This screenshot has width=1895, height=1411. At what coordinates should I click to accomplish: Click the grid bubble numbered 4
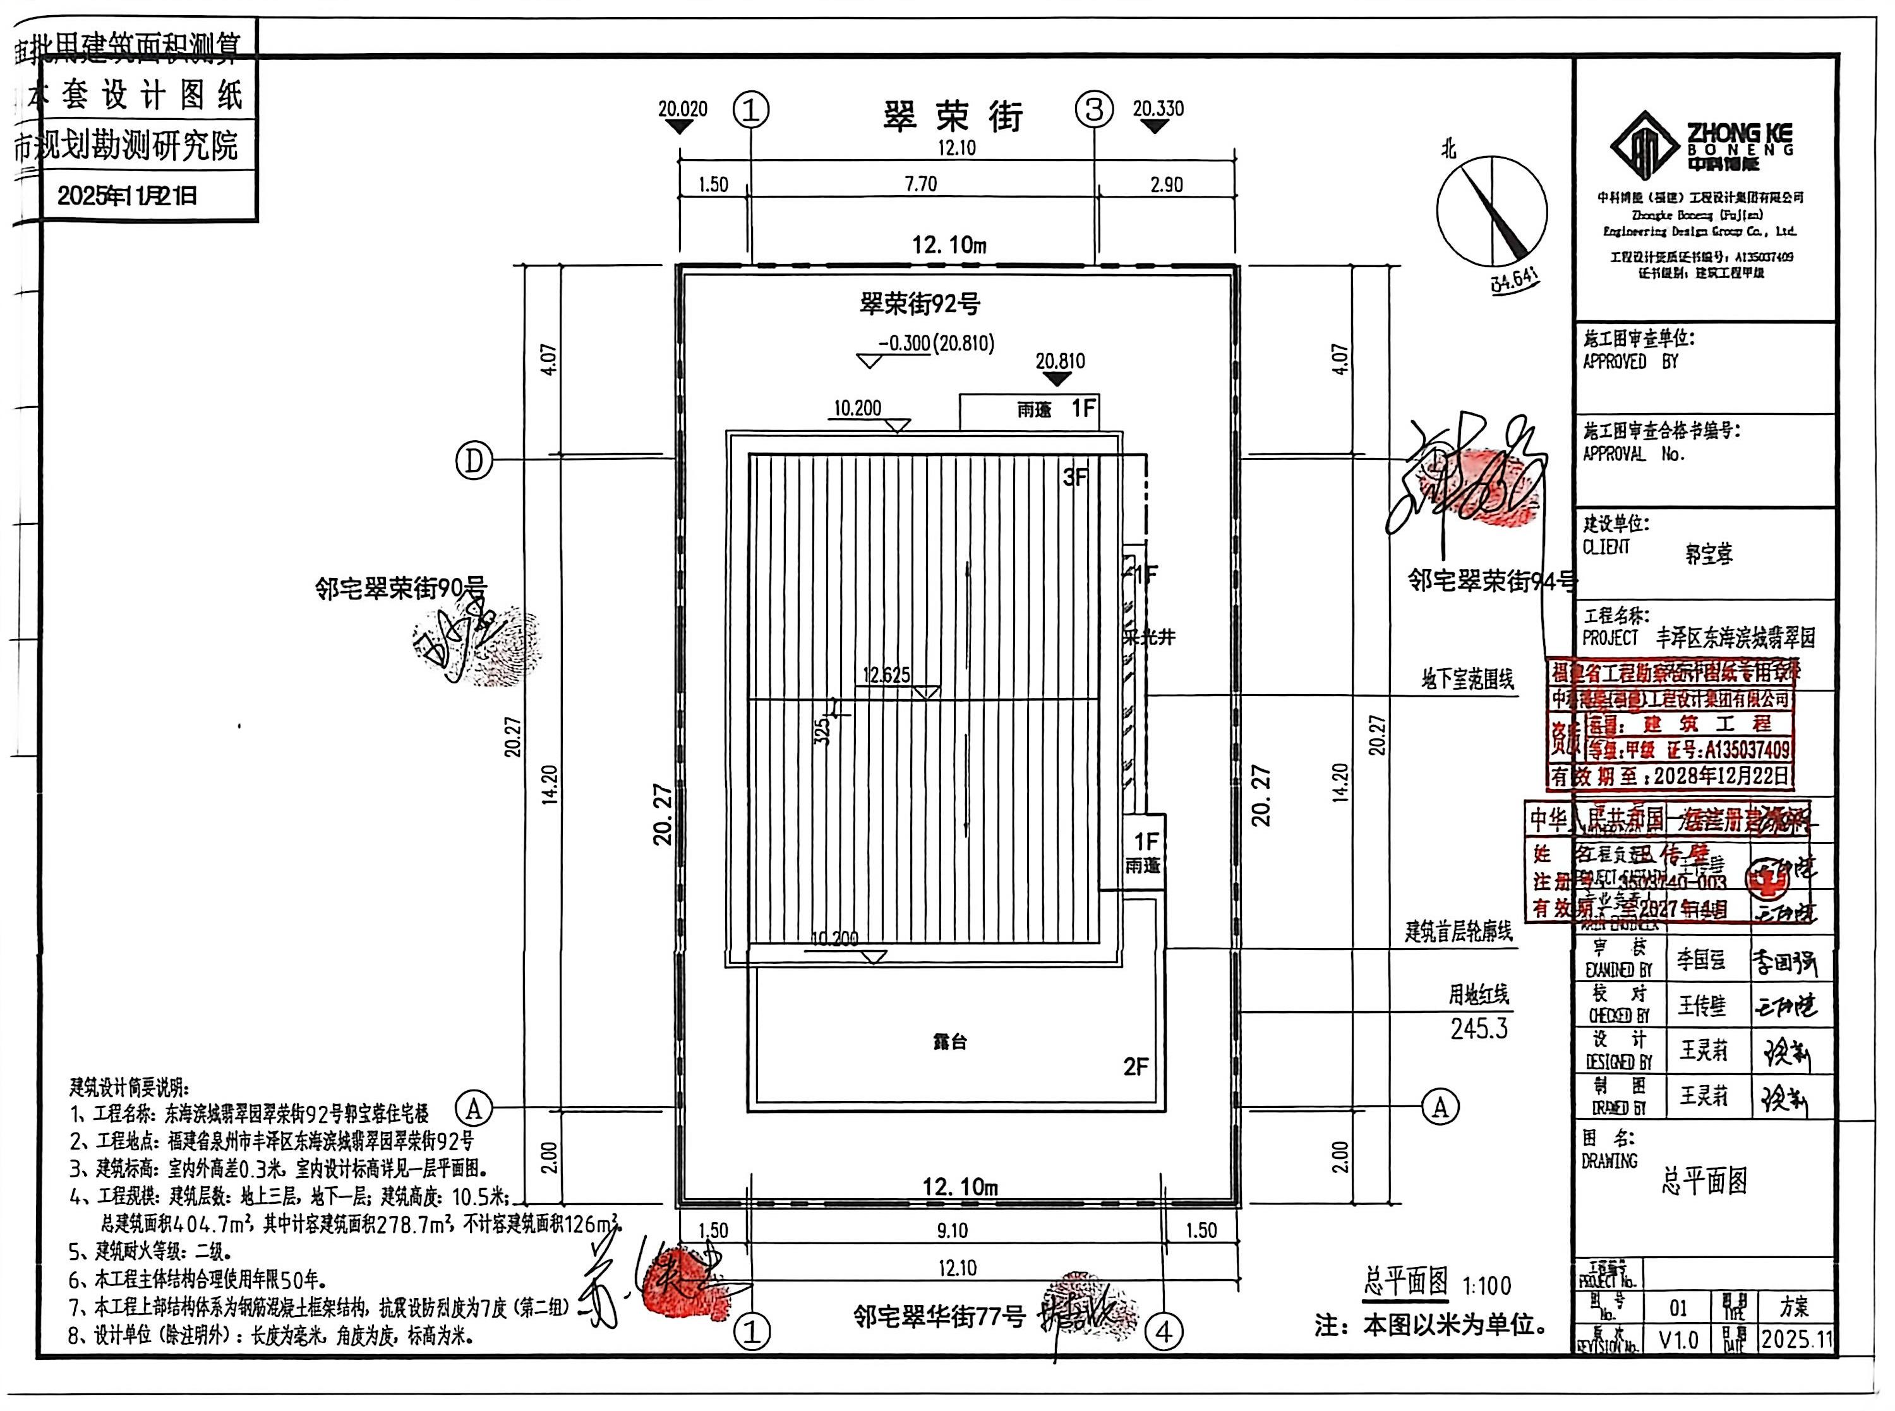coord(1164,1331)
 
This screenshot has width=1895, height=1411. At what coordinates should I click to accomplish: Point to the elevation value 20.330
coord(1157,109)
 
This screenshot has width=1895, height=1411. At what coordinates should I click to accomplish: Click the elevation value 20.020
coord(682,109)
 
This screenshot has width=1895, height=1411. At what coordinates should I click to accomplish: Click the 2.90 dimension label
coord(1167,184)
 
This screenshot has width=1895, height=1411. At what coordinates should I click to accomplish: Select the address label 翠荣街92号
coord(920,303)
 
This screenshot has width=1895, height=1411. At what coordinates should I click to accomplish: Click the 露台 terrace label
coord(949,1042)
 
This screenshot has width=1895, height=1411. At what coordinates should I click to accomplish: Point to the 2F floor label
coord(1136,1066)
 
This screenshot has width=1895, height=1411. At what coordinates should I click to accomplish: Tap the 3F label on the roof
coord(1075,477)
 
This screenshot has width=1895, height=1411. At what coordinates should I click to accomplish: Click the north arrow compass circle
coord(1491,211)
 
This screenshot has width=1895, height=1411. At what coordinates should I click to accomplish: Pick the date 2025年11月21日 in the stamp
coord(128,196)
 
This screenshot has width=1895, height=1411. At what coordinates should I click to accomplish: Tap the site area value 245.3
coord(1479,1030)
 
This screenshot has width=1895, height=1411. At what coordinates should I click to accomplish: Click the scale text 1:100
coord(1487,1285)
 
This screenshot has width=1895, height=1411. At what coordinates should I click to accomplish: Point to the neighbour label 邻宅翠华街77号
coord(939,1317)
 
